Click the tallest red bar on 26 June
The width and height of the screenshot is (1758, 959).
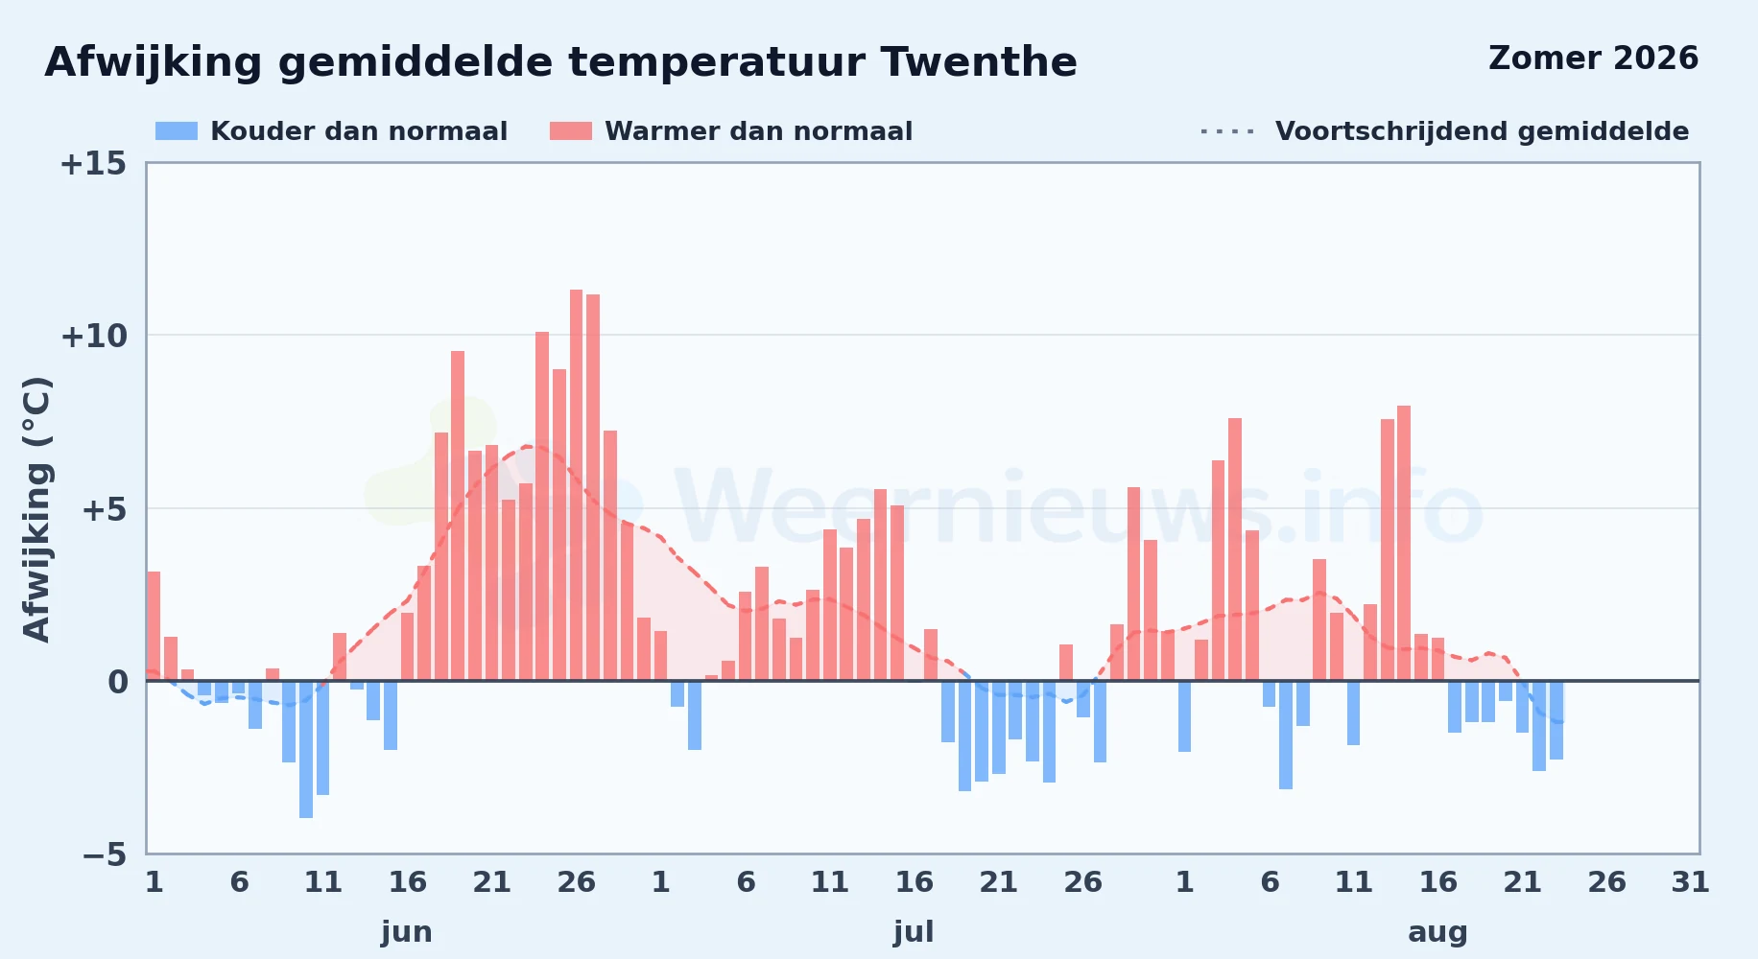point(576,485)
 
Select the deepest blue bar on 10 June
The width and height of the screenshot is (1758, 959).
point(306,749)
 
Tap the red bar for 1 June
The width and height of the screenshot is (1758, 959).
point(154,626)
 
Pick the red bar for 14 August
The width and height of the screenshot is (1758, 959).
point(1404,543)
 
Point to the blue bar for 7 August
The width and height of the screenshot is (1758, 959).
point(1286,735)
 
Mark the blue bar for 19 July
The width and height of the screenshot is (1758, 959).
point(964,736)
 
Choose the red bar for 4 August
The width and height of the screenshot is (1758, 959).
point(1235,550)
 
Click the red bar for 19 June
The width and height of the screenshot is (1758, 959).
point(458,516)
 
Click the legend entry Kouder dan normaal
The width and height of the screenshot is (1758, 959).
point(332,131)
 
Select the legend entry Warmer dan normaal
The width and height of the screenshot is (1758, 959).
point(731,131)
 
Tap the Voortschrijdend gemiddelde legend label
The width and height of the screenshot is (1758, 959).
point(1482,131)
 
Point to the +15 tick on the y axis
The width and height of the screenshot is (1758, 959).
point(93,164)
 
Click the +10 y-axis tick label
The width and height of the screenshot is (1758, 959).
point(93,337)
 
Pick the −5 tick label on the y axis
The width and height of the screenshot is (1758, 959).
point(105,854)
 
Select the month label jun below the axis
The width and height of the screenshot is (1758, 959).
point(407,932)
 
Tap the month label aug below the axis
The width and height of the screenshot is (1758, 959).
point(1437,932)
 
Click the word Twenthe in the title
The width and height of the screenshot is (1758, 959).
point(979,62)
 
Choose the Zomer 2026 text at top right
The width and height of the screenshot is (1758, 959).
point(1594,58)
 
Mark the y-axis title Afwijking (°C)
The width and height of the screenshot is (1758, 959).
point(36,509)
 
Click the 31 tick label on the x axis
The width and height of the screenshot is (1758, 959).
point(1691,882)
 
